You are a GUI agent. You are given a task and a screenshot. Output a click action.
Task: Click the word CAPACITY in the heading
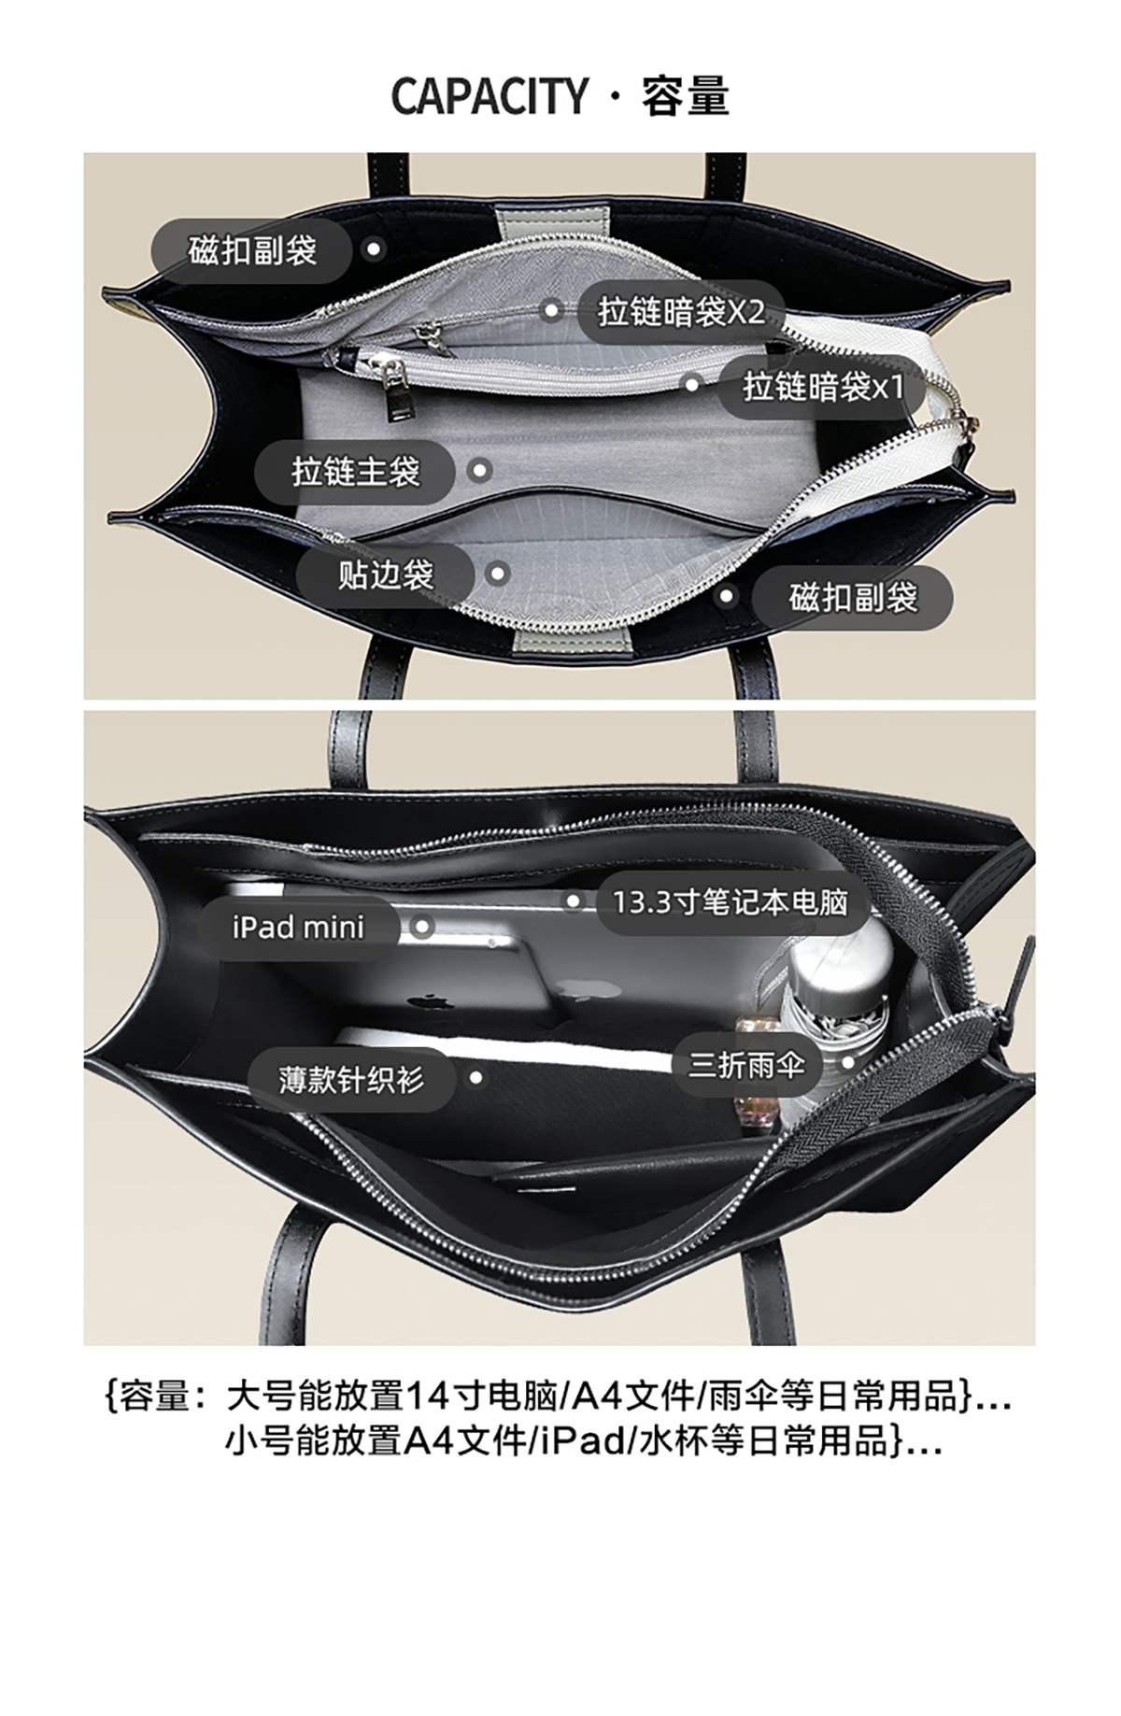click(489, 96)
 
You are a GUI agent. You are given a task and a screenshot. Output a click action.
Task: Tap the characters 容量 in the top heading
click(685, 96)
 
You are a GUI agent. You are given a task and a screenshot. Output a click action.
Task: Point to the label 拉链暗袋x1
click(823, 386)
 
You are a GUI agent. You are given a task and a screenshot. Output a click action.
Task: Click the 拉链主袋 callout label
click(355, 471)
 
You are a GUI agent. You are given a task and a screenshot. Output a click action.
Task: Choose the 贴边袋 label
click(386, 574)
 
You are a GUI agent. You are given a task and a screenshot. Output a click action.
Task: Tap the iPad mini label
click(298, 928)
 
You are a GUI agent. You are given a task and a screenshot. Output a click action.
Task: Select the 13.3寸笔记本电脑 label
click(730, 902)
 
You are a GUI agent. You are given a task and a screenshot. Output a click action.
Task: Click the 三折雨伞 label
click(746, 1064)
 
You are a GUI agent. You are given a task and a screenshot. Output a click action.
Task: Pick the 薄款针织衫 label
click(350, 1079)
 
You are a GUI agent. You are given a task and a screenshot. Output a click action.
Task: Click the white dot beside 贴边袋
click(499, 574)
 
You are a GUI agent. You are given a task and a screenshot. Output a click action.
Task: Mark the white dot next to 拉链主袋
click(480, 470)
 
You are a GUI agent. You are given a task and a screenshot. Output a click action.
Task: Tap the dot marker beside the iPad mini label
click(422, 927)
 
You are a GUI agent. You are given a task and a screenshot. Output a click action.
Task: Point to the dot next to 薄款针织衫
click(475, 1078)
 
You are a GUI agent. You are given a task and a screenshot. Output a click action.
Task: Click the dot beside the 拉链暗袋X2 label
click(552, 309)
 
